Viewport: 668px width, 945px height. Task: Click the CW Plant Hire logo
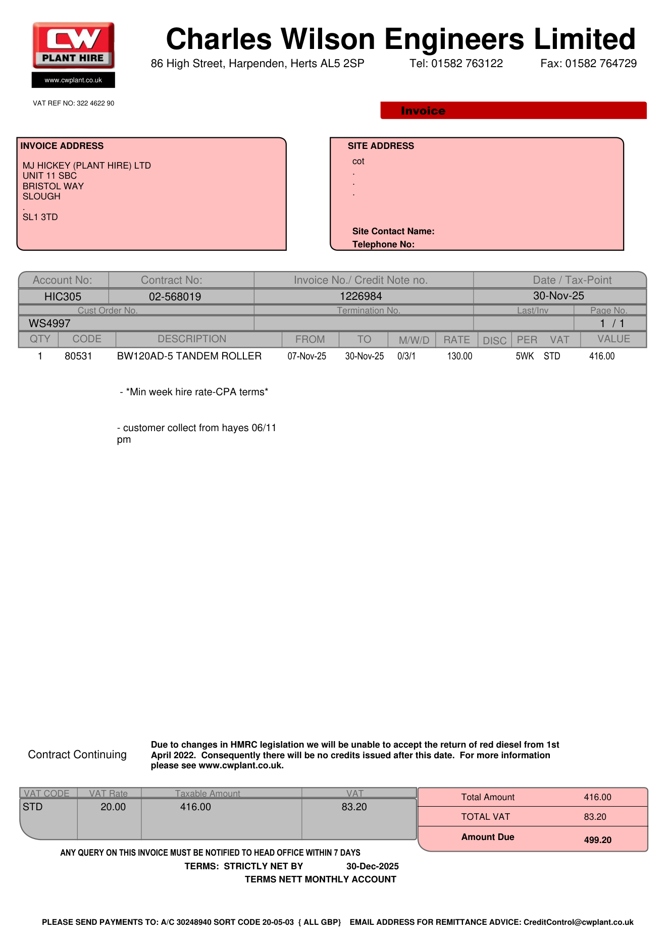point(74,45)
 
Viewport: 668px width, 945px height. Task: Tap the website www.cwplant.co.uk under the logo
point(73,80)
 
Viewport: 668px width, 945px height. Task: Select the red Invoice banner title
point(423,111)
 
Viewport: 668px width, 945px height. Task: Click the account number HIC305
point(63,297)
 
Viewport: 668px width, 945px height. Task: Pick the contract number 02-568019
point(175,297)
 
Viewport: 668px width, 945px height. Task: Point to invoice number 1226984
point(361,296)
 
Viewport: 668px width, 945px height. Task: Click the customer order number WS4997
point(49,324)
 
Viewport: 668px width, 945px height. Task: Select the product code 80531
point(78,356)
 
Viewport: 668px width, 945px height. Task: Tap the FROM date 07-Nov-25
point(306,356)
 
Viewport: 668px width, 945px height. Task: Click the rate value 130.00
point(459,356)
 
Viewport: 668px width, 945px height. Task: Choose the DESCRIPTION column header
point(192,339)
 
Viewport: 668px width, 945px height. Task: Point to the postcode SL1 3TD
point(40,217)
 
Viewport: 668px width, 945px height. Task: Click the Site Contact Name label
point(393,232)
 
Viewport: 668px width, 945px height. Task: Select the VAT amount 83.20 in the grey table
point(354,807)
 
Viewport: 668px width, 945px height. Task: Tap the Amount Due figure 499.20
point(597,840)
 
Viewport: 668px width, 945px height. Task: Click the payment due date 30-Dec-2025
point(372,867)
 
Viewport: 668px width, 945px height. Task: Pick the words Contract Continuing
point(77,755)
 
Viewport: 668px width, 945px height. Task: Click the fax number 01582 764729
point(601,64)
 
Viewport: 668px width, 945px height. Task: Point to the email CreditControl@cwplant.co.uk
point(578,922)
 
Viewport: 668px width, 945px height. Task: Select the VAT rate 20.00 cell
point(113,807)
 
